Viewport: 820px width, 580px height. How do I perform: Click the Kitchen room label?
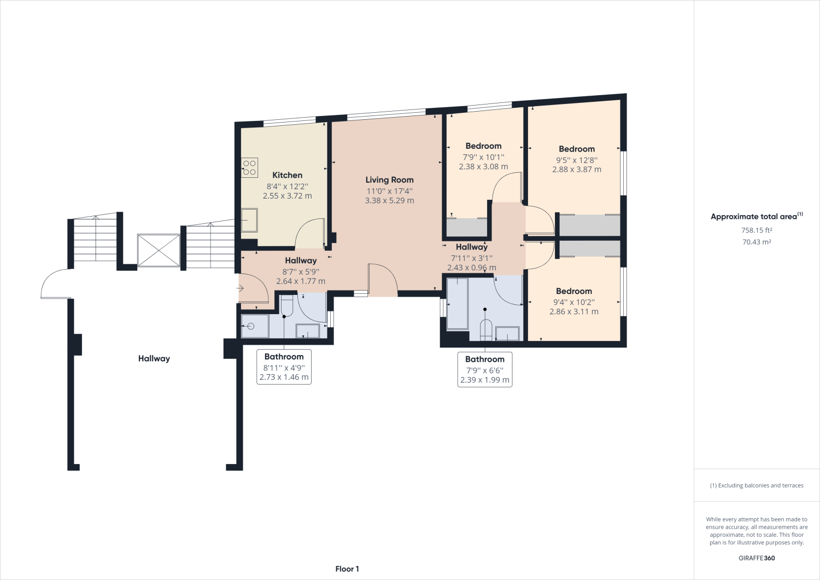[287, 175]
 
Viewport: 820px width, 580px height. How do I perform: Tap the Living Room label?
[389, 179]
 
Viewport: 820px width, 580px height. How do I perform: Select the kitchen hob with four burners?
[250, 167]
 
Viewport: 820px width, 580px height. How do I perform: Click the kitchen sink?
[249, 221]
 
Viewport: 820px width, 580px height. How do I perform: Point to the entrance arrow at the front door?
[239, 288]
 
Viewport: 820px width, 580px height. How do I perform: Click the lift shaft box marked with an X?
[159, 251]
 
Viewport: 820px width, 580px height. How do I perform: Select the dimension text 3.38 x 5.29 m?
[389, 200]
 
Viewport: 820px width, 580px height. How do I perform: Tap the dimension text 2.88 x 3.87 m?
[576, 170]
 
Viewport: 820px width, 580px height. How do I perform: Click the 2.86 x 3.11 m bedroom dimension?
[573, 312]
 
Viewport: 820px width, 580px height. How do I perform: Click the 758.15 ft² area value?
[757, 230]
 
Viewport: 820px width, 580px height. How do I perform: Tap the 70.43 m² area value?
[757, 242]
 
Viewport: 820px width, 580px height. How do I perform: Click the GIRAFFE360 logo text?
[757, 558]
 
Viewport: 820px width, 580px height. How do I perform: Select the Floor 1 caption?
[347, 569]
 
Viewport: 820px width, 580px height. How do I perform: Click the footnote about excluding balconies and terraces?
[757, 485]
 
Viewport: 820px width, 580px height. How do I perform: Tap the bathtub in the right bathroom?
[458, 304]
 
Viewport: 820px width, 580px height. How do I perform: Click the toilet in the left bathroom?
[287, 306]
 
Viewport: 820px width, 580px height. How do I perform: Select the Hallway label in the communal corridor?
[154, 358]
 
